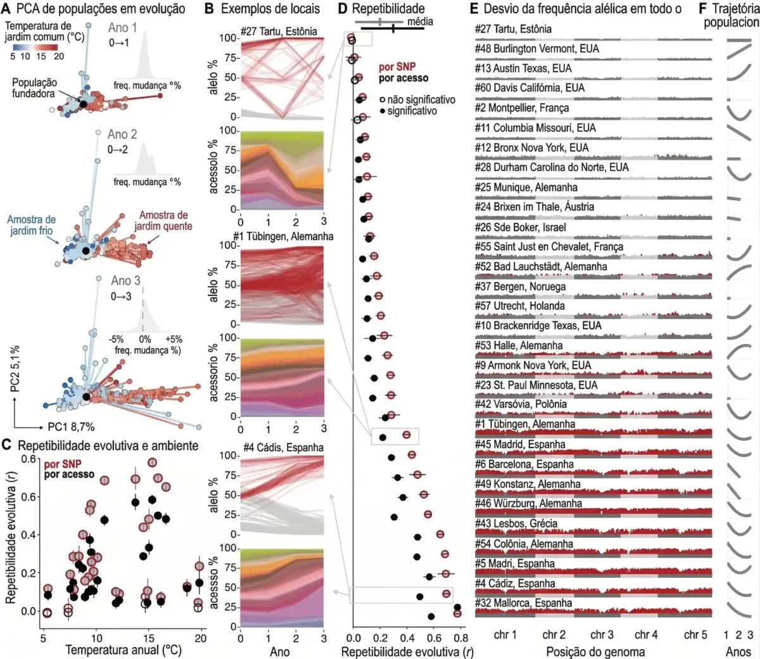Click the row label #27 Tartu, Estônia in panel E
tap(513, 29)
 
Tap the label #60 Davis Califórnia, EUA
tap(530, 88)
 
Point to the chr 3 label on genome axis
tap(602, 634)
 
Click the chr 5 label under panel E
tap(695, 634)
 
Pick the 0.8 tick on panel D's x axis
tap(460, 638)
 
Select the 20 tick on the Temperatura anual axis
tap(201, 638)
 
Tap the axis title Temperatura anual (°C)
tap(123, 651)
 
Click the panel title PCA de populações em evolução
tap(101, 9)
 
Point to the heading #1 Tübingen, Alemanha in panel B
tap(283, 236)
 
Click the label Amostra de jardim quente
tap(163, 221)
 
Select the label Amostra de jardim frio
tap(31, 226)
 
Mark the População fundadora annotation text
tap(34, 88)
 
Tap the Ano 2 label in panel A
tap(122, 134)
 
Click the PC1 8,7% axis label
tap(71, 427)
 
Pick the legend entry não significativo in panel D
tap(421, 99)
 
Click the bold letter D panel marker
tap(342, 9)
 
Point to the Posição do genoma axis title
tap(595, 651)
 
